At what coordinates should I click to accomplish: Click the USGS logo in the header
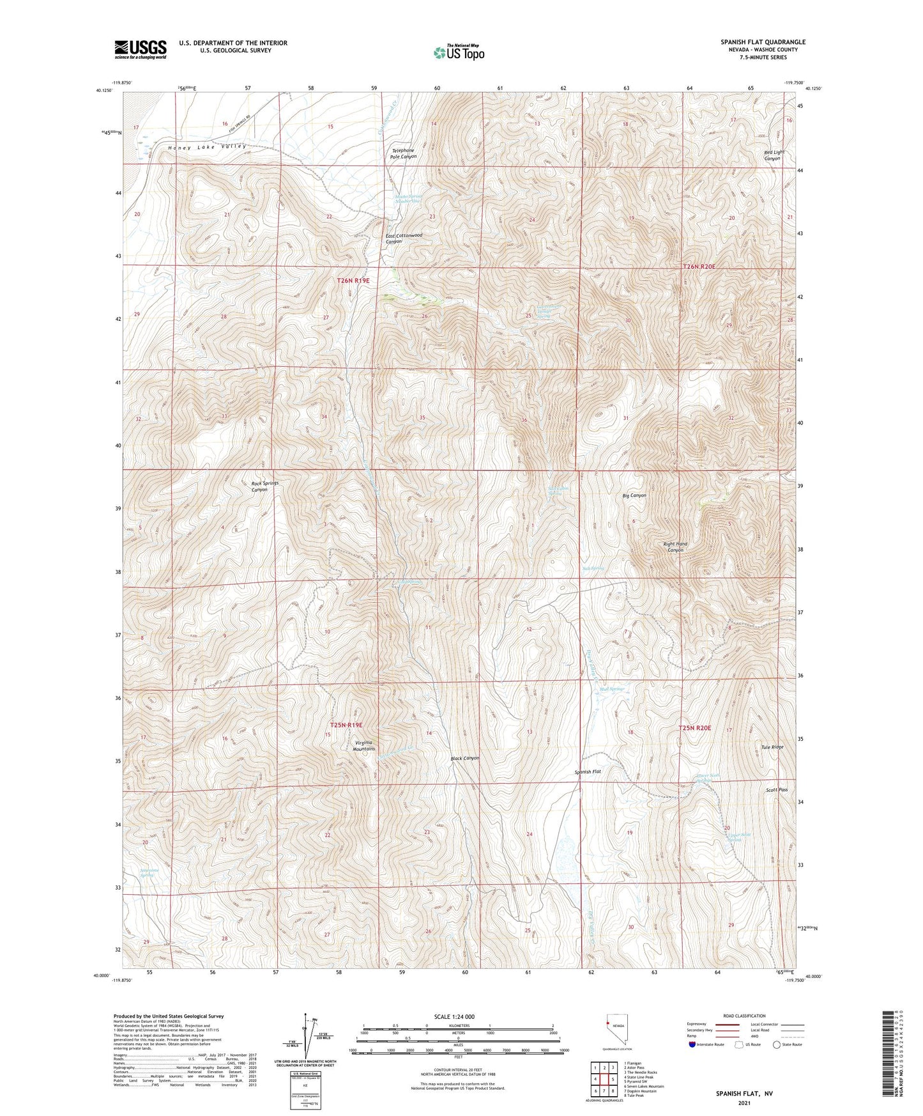[140, 49]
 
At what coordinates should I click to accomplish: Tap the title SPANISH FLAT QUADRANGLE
[763, 42]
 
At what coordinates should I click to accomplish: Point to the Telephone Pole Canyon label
[403, 153]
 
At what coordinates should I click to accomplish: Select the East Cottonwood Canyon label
[404, 238]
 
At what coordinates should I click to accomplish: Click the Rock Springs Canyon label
[264, 486]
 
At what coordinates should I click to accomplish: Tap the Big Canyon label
[634, 495]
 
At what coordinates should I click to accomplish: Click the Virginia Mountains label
[365, 745]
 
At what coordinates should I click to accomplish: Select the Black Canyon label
[464, 759]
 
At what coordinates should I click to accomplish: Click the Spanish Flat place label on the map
[588, 772]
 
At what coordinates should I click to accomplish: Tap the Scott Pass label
[777, 790]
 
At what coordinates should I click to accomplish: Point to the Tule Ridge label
[772, 747]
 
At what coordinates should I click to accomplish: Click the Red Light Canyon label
[774, 155]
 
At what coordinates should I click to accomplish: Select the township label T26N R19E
[353, 281]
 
